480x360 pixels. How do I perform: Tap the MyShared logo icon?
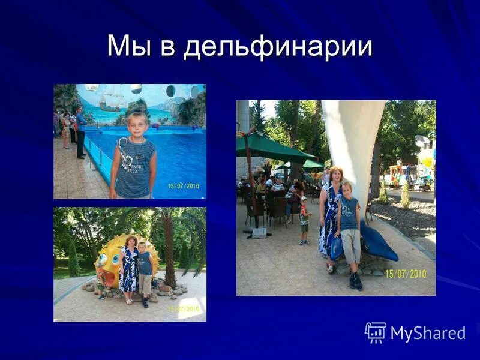(375, 332)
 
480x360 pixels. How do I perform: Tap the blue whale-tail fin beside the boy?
(377, 243)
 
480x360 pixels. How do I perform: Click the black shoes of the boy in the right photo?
(355, 281)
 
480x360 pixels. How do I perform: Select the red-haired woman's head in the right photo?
(336, 175)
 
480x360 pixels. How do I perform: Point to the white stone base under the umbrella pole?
(259, 233)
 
